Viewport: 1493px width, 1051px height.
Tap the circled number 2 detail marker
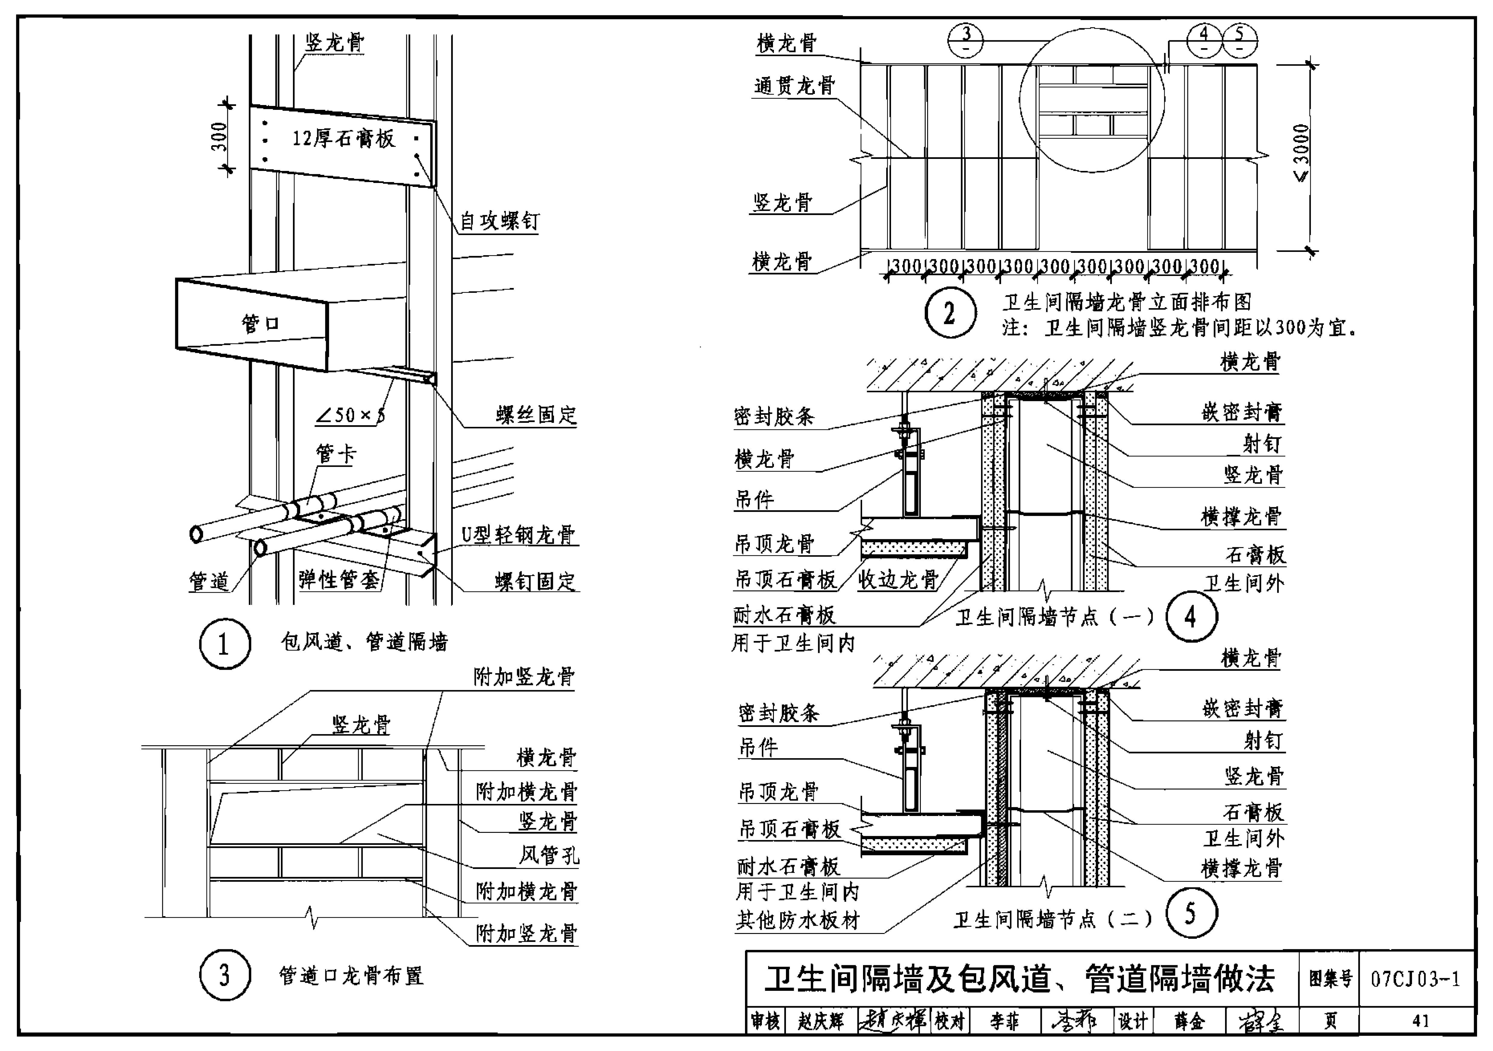(950, 314)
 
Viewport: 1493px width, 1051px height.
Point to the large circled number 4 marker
(1191, 616)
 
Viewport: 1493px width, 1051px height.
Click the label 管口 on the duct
(260, 323)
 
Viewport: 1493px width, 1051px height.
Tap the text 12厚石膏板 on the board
(343, 138)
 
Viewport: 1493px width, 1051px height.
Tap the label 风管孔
(548, 855)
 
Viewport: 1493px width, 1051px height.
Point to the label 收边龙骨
(898, 580)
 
